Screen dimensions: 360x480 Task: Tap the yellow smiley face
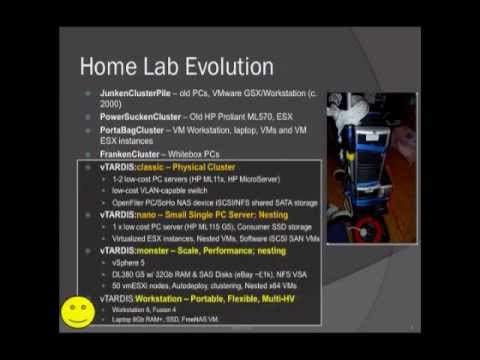pos(75,311)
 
